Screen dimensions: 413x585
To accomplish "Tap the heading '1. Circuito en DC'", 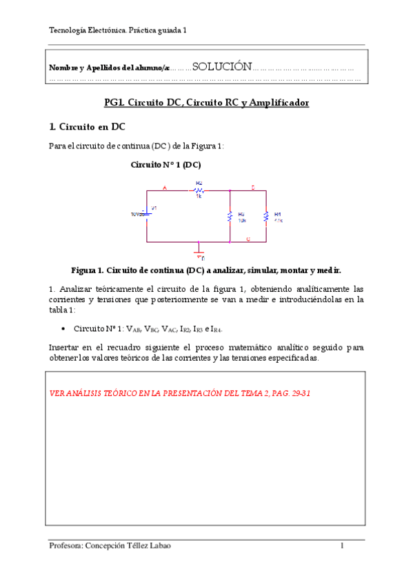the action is pyautogui.click(x=87, y=126).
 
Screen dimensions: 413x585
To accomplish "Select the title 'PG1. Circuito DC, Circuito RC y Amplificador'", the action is pyautogui.click(x=206, y=103).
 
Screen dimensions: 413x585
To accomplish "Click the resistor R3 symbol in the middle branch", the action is pyautogui.click(x=229, y=217).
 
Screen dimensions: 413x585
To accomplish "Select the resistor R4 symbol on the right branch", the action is pyautogui.click(x=266, y=217).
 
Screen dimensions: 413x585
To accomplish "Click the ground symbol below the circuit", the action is pyautogui.click(x=199, y=253).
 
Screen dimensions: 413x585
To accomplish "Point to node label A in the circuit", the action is pyautogui.click(x=164, y=187).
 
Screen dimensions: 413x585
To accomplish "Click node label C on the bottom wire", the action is pyautogui.click(x=248, y=239).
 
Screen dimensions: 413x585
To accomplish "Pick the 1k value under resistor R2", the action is pyautogui.click(x=199, y=197).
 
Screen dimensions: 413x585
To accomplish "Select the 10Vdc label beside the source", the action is pyautogui.click(x=137, y=214).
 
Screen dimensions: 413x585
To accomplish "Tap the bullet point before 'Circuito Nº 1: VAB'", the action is pyautogui.click(x=63, y=329).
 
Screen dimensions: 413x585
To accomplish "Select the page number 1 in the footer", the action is pyautogui.click(x=342, y=546).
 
